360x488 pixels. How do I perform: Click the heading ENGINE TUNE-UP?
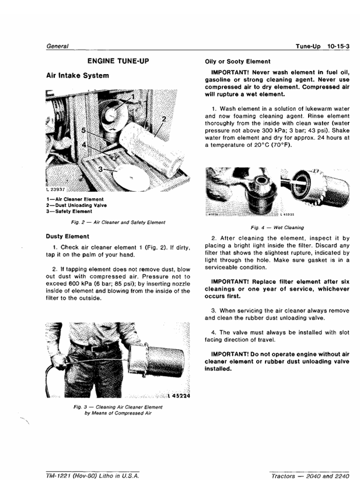point(118,61)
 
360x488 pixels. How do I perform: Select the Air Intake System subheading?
point(78,76)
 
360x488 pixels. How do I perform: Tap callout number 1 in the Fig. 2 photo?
point(133,97)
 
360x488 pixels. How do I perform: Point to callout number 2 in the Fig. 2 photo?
point(164,119)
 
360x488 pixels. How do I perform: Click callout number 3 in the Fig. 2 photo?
point(100,169)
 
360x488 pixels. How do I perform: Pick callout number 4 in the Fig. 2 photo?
point(84,145)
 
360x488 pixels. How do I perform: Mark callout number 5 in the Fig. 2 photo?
point(83,131)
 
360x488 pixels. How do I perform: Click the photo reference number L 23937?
point(55,189)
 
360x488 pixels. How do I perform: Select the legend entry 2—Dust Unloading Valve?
point(76,205)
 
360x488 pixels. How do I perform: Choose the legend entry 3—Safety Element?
point(69,212)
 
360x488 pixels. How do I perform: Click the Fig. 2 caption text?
point(118,223)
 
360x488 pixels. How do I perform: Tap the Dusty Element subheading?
point(67,237)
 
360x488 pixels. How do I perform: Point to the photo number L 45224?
point(179,396)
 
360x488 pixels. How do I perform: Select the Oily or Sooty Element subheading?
point(237,62)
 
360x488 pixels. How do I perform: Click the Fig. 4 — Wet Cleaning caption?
point(277,228)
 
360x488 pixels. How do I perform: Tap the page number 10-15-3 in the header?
point(338,47)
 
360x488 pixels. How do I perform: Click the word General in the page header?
point(57,47)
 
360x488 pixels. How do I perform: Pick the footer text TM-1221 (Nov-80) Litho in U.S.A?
point(93,476)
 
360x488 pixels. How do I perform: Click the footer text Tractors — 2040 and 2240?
point(310,476)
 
